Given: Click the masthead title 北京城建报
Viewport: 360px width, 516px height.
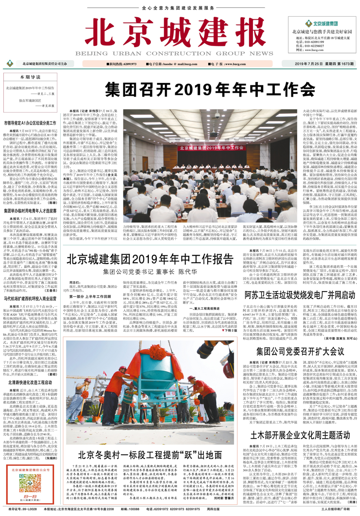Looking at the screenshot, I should (x=175, y=33).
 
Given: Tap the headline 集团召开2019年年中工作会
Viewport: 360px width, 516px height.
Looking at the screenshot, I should (x=210, y=90).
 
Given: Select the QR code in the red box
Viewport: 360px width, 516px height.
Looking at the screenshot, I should (x=30, y=482).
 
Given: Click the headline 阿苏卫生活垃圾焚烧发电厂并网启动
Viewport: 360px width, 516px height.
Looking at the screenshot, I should (x=300, y=295).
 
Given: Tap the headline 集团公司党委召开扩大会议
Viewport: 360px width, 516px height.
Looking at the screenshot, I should (x=300, y=351).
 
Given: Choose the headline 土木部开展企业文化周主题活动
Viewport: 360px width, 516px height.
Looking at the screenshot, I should (x=300, y=435).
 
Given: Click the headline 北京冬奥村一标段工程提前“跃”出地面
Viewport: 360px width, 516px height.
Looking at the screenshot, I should (x=150, y=455).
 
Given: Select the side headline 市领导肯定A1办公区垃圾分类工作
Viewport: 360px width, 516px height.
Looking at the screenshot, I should (x=30, y=123).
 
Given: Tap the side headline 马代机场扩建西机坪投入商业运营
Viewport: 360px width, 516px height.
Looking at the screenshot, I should (x=30, y=299).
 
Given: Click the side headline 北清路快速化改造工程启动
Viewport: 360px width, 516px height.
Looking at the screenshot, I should (x=30, y=383).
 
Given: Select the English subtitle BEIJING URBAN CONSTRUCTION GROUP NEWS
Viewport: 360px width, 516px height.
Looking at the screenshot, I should (x=174, y=54).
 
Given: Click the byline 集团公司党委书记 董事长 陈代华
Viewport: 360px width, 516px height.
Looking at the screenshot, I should (x=150, y=272).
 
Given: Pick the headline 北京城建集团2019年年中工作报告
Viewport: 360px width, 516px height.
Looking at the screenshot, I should (x=150, y=259).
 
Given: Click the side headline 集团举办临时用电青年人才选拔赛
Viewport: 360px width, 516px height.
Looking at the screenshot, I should (x=30, y=211).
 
